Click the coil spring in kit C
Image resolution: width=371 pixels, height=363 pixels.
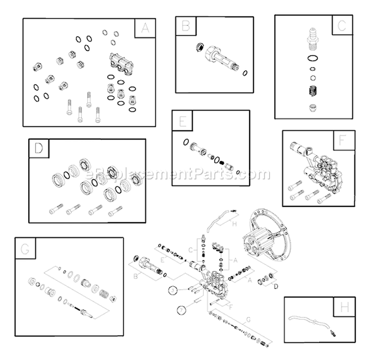[x=312, y=92]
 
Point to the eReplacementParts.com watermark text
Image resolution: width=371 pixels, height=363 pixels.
[x=178, y=174]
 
